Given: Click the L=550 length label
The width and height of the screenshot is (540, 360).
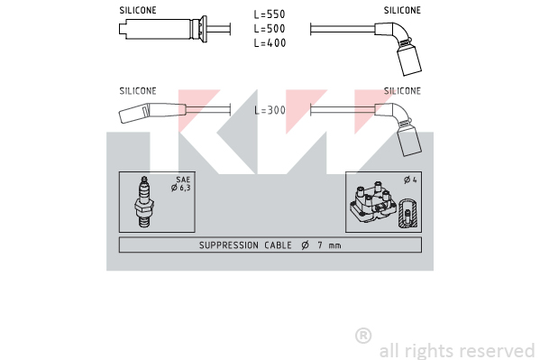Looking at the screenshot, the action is [x=270, y=14].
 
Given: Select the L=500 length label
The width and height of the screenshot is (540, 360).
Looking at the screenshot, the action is [x=270, y=29].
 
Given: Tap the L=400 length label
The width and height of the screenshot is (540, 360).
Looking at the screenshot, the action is [x=270, y=42].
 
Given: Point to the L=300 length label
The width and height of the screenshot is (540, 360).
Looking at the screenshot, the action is [x=270, y=110].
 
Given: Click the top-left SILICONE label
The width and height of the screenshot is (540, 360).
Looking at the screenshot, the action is [x=138, y=10].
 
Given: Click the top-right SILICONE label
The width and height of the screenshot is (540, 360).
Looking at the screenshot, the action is [x=402, y=10].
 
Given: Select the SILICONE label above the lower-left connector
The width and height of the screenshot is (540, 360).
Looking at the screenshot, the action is [x=138, y=91].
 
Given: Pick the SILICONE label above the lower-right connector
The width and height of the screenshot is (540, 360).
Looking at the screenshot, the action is [x=402, y=91].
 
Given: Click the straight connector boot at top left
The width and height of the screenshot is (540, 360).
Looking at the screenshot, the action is [x=163, y=29].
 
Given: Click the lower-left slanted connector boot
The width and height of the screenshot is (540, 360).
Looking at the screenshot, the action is [x=152, y=113].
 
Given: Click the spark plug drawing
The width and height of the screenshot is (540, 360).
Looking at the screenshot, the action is [x=144, y=202].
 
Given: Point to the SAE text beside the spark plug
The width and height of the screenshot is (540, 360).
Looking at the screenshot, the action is [x=183, y=180].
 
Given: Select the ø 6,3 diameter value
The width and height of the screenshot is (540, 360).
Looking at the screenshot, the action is [x=181, y=188].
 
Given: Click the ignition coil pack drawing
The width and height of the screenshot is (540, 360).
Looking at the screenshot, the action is [x=373, y=202].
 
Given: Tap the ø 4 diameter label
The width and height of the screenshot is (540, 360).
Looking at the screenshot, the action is [x=410, y=180].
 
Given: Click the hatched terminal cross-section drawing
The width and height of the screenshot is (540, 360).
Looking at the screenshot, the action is [x=407, y=213].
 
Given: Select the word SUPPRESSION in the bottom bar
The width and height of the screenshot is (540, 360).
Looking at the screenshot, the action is [x=229, y=245].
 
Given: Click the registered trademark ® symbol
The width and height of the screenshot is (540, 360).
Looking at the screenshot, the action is [x=363, y=336].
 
